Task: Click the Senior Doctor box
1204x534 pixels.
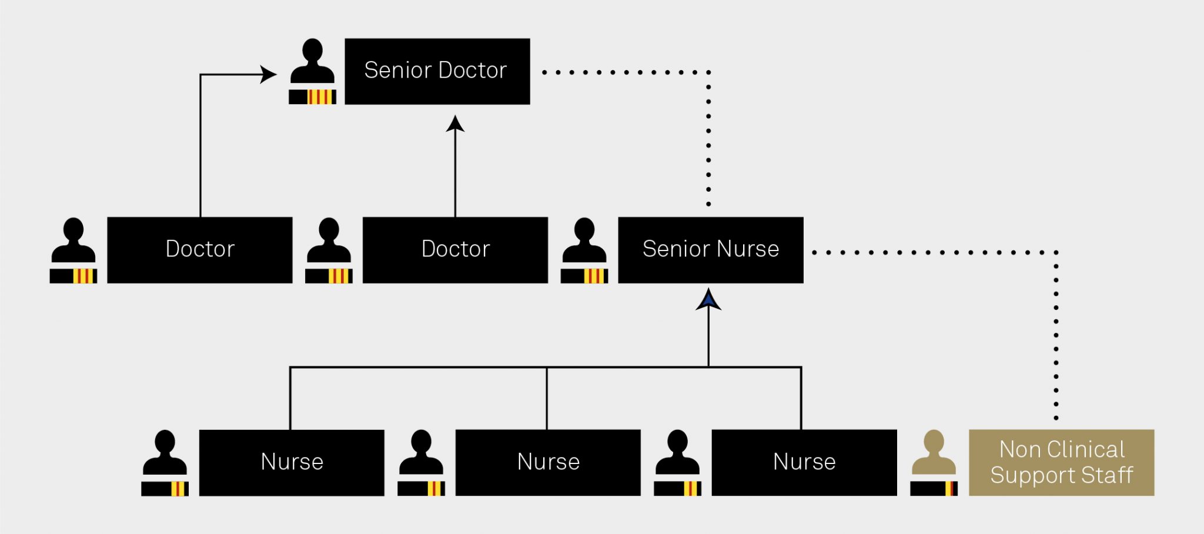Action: pyautogui.click(x=437, y=71)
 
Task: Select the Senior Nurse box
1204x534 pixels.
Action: pyautogui.click(x=710, y=250)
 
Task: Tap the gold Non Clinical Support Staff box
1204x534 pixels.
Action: pyautogui.click(x=1061, y=462)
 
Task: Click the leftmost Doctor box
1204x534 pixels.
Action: pyautogui.click(x=199, y=250)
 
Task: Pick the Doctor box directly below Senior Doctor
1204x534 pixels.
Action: pyautogui.click(x=455, y=250)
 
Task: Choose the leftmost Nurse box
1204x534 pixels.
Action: pyautogui.click(x=292, y=462)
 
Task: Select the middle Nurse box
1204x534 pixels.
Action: pyautogui.click(x=548, y=462)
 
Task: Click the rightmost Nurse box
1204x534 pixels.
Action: pyautogui.click(x=804, y=462)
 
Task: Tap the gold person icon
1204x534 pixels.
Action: pyautogui.click(x=934, y=453)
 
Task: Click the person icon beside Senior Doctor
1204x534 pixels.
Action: pyautogui.click(x=312, y=61)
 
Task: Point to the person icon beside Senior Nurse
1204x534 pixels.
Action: pyautogui.click(x=584, y=241)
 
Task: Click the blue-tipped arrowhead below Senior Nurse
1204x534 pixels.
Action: pyautogui.click(x=708, y=299)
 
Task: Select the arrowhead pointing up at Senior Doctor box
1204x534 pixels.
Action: pyautogui.click(x=455, y=124)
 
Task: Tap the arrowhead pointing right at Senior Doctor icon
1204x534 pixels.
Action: pyautogui.click(x=269, y=75)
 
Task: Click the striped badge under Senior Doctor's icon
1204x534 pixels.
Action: pyautogui.click(x=313, y=97)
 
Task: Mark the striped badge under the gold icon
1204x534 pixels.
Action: pyautogui.click(x=934, y=489)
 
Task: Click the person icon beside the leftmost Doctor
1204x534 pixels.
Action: pyautogui.click(x=73, y=241)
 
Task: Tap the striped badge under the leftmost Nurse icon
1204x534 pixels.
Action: pyautogui.click(x=165, y=489)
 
